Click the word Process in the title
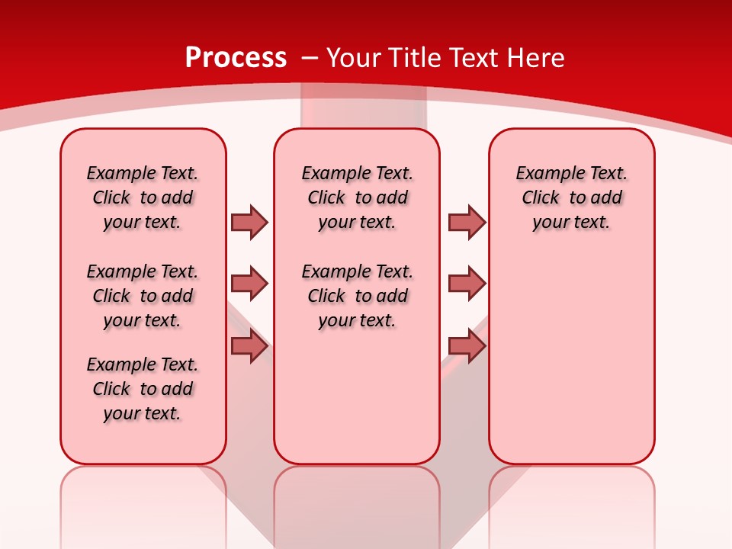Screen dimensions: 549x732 click(236, 58)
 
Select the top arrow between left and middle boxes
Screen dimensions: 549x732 click(249, 222)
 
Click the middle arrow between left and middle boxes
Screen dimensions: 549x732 click(249, 284)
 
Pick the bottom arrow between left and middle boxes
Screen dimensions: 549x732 click(249, 346)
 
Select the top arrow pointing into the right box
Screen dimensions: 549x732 click(467, 222)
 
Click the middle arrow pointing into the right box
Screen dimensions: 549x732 click(467, 284)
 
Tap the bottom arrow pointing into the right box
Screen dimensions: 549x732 click(467, 346)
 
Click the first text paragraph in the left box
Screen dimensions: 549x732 click(143, 197)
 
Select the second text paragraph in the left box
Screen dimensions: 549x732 click(143, 296)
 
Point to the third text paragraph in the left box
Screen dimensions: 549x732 click(143, 389)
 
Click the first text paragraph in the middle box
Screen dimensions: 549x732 click(357, 197)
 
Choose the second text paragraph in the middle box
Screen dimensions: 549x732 click(357, 296)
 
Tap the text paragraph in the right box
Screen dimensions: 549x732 click(571, 197)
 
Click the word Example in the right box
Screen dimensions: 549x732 click(544, 173)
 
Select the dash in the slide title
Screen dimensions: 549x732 click(309, 58)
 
